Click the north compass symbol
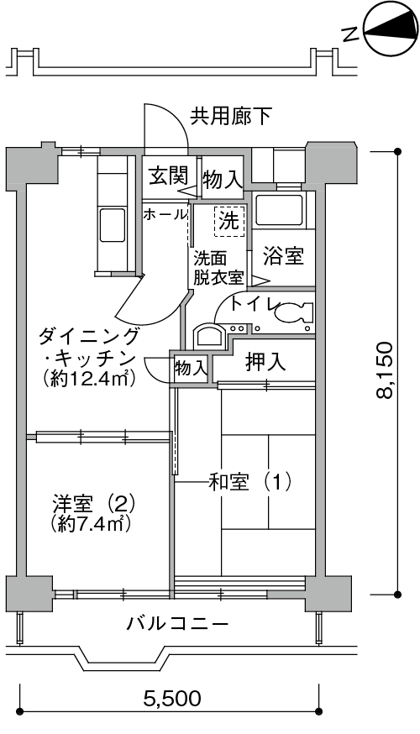pos(390,29)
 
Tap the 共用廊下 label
pos(231,116)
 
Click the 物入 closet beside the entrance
pos(223,179)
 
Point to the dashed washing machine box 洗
pos(229,221)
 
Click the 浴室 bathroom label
pos(283,255)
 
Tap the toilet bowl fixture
pos(293,312)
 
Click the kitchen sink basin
pos(113,225)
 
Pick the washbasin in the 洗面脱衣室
pos(209,336)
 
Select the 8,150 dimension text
pos(385,370)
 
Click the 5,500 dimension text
pos(172,699)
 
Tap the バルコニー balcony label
pos(178,624)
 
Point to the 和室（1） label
pos(249,482)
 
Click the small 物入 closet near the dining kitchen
pos(190,368)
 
